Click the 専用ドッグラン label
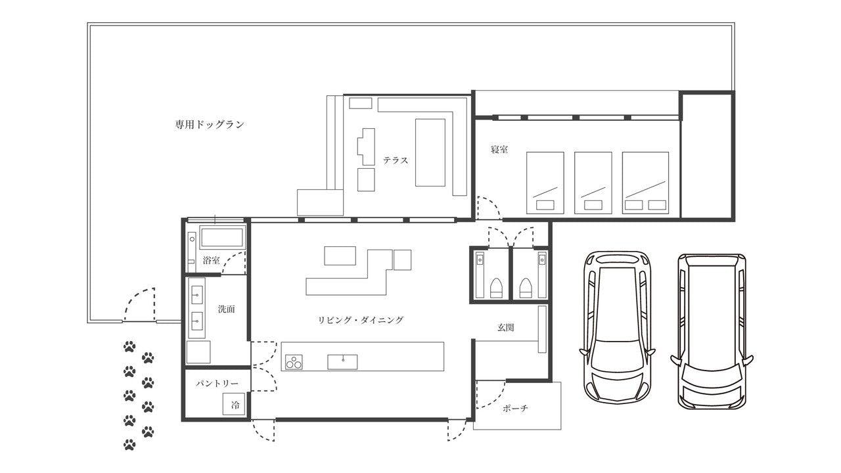pos(210,125)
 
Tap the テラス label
pos(396,160)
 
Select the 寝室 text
pos(499,149)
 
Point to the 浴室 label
pos(211,260)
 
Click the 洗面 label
pos(227,309)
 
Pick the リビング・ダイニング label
pos(361,320)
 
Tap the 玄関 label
pos(505,327)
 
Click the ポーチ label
pos(516,408)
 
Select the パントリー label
pos(217,383)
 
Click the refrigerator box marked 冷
pos(234,404)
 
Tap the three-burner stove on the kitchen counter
pos(294,362)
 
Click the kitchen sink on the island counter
pos(342,362)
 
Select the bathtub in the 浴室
pos(222,237)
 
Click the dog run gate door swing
pos(139,304)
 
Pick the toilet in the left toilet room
pos(496,288)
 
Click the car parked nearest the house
pos(617,327)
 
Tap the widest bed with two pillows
pos(645,183)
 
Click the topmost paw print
pos(129,346)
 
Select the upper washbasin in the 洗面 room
pos(196,295)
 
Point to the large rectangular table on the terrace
pos(430,152)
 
